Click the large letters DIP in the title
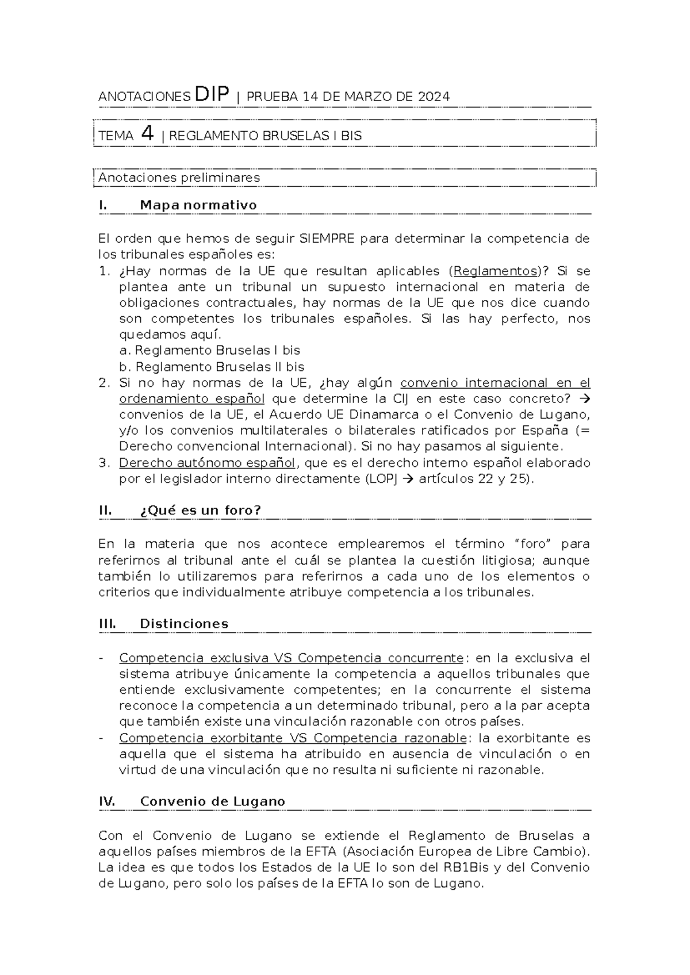(x=212, y=94)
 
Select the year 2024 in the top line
(x=434, y=97)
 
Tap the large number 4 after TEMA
(x=148, y=134)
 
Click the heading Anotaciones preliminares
(x=179, y=178)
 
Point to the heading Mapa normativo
(x=198, y=205)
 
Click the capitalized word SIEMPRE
(x=327, y=239)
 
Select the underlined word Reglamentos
(x=495, y=271)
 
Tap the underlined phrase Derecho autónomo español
(x=207, y=463)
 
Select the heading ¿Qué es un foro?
(x=201, y=510)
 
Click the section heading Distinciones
(x=184, y=624)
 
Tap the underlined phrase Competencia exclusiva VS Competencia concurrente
(x=291, y=658)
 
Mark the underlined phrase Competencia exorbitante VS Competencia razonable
(x=293, y=738)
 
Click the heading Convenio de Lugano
(x=212, y=801)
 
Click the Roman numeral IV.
(x=107, y=801)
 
